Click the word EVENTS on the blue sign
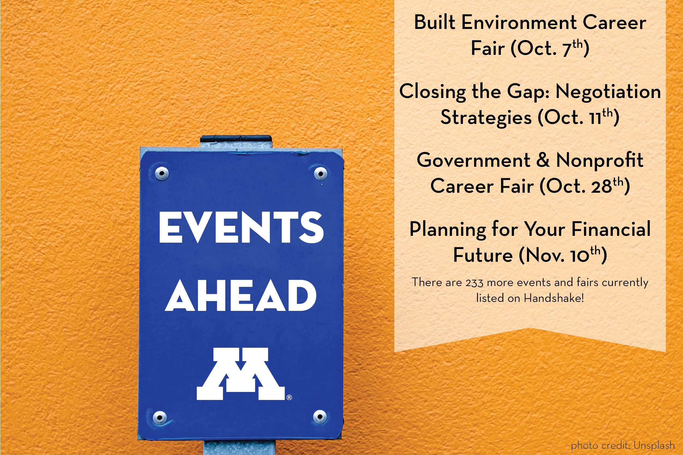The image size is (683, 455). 241,227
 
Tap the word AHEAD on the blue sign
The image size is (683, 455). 241,295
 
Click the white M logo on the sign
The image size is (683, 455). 241,374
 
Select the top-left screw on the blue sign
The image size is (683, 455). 162,174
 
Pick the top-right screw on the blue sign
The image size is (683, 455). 320,174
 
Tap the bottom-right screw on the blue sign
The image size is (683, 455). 320,417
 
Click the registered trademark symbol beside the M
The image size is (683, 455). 289,397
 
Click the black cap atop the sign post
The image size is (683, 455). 236,138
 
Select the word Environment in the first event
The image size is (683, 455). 519,22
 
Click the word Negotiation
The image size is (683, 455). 608,91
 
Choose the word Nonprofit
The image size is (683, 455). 600,160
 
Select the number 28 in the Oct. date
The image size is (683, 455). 602,186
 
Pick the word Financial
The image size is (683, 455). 611,229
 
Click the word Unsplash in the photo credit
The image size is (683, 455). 654,445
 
